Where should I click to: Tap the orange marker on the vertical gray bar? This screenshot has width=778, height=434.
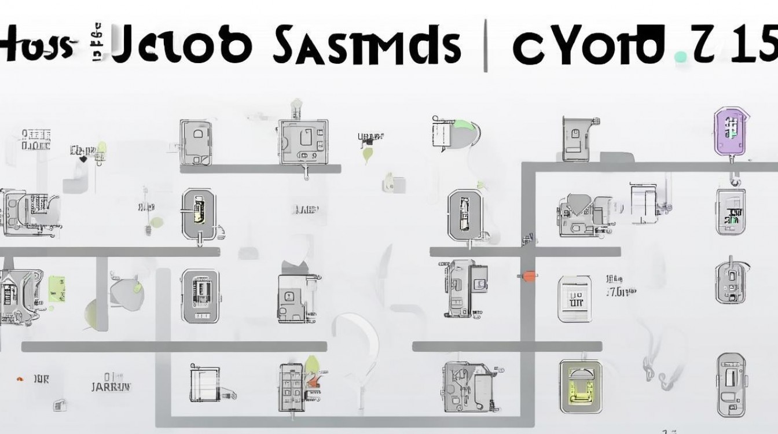(528, 276)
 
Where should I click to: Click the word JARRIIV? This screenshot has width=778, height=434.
(112, 386)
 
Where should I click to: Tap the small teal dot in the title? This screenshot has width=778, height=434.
(682, 56)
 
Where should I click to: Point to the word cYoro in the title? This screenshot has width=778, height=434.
(588, 45)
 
